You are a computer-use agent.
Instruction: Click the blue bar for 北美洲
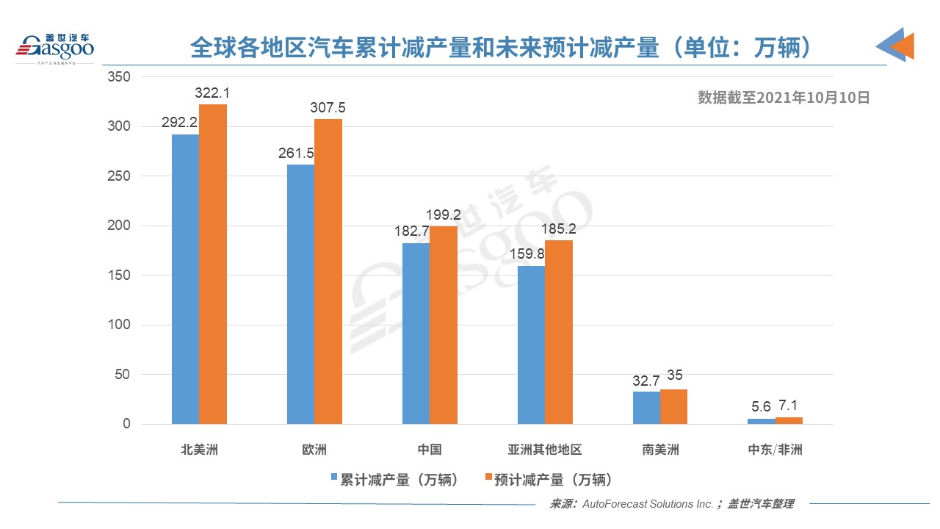click(x=185, y=279)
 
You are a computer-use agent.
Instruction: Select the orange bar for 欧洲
click(x=328, y=272)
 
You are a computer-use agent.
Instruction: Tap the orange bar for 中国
click(x=444, y=325)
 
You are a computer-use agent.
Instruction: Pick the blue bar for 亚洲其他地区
click(x=531, y=345)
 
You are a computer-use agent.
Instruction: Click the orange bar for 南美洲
click(x=673, y=407)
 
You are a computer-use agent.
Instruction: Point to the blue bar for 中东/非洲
click(x=762, y=421)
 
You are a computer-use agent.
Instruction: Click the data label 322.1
click(x=213, y=93)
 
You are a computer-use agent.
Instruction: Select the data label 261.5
click(x=297, y=154)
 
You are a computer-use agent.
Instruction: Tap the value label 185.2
click(x=559, y=229)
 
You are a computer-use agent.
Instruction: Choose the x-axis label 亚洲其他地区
click(x=544, y=450)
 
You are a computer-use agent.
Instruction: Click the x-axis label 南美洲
click(x=660, y=450)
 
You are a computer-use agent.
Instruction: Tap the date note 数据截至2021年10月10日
click(x=783, y=98)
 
